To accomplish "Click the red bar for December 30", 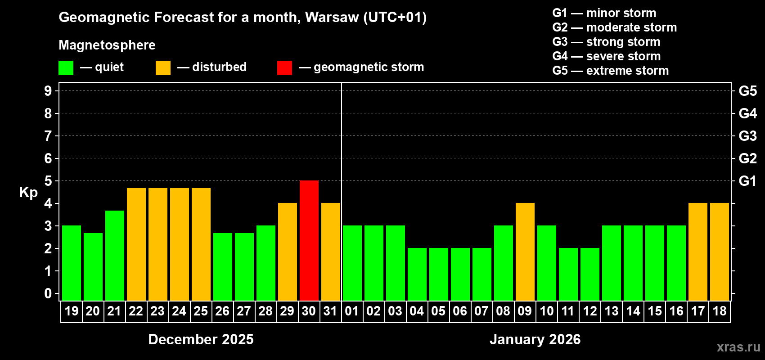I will click(309, 240).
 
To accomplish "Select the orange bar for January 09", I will click(525, 252).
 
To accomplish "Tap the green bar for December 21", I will click(115, 255).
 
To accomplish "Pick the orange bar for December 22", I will click(136, 244).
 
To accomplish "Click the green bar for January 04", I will click(417, 274).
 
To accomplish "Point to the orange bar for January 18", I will click(720, 252).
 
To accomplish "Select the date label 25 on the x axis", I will click(201, 311).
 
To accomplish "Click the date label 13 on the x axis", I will click(611, 311).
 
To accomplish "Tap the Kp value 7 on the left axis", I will click(48, 136).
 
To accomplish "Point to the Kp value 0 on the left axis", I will click(48, 293).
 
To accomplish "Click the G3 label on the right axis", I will click(747, 136).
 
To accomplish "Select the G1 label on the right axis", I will click(747, 181).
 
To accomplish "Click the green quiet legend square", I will click(66, 68).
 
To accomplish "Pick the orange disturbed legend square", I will click(163, 68).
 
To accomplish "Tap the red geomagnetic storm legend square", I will click(284, 68).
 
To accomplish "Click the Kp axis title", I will click(28, 192).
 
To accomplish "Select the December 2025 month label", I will click(201, 339).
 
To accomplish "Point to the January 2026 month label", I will click(535, 339).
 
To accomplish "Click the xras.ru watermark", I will click(738, 347).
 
